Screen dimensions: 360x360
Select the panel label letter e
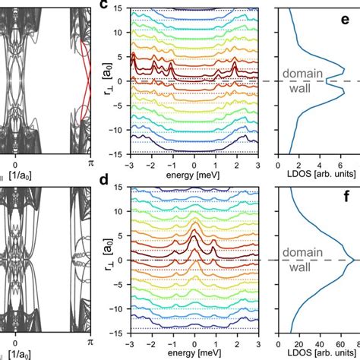[348, 18]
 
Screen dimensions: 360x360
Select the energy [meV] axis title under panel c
[195, 173]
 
